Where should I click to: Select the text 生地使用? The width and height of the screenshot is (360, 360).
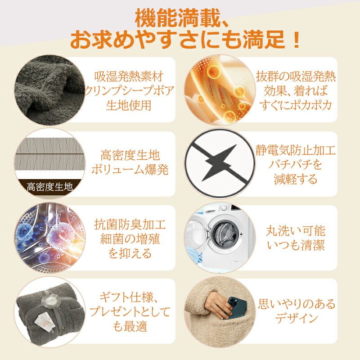[x=129, y=105]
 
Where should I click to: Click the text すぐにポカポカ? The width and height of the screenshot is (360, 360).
[x=296, y=105]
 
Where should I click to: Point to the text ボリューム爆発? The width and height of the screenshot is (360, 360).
[x=130, y=170]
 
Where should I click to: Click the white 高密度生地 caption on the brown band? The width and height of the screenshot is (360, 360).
[x=50, y=187]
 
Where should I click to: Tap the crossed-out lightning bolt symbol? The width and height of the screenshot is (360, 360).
[x=220, y=162]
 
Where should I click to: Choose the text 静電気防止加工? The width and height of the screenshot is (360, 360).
[x=296, y=150]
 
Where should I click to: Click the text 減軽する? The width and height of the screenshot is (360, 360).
[x=296, y=179]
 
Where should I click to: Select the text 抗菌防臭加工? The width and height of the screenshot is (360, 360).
[x=130, y=224]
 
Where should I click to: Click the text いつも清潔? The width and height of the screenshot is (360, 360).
[x=296, y=245]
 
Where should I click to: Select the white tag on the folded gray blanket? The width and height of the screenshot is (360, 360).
[x=43, y=322]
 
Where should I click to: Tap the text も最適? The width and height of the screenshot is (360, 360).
[x=130, y=326]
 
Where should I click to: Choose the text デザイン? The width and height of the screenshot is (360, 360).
[x=296, y=318]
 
